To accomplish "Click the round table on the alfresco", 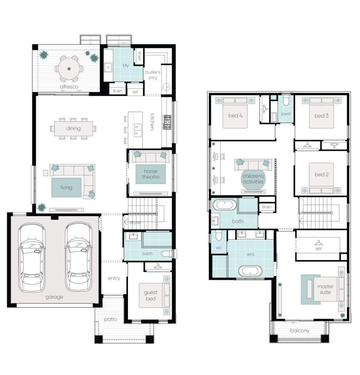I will tap(69, 68).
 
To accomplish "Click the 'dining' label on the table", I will tap(73, 129).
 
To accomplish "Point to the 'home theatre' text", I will tap(150, 174).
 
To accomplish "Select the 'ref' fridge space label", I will tap(135, 91).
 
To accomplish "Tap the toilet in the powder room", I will tap(286, 101).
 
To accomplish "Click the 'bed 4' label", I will tap(235, 116).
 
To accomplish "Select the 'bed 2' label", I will tap(321, 174).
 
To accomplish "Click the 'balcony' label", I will tap(299, 331).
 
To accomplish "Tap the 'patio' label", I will tap(110, 319).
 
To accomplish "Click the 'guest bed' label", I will tap(151, 295).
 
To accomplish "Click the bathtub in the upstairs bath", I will tap(224, 206).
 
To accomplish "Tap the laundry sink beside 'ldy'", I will tap(108, 67).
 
